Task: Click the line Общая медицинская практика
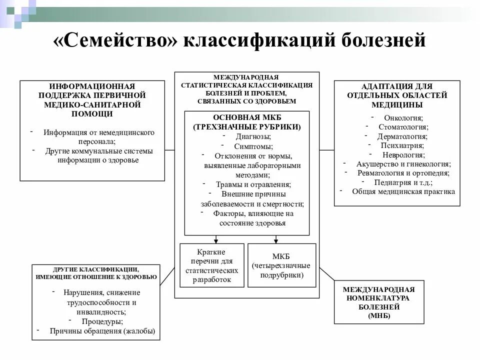403,191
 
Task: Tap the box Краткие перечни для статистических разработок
211,265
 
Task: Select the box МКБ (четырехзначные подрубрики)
281,265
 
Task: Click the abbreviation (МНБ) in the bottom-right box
378,316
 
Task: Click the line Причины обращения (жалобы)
102,331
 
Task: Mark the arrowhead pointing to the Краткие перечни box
216,239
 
